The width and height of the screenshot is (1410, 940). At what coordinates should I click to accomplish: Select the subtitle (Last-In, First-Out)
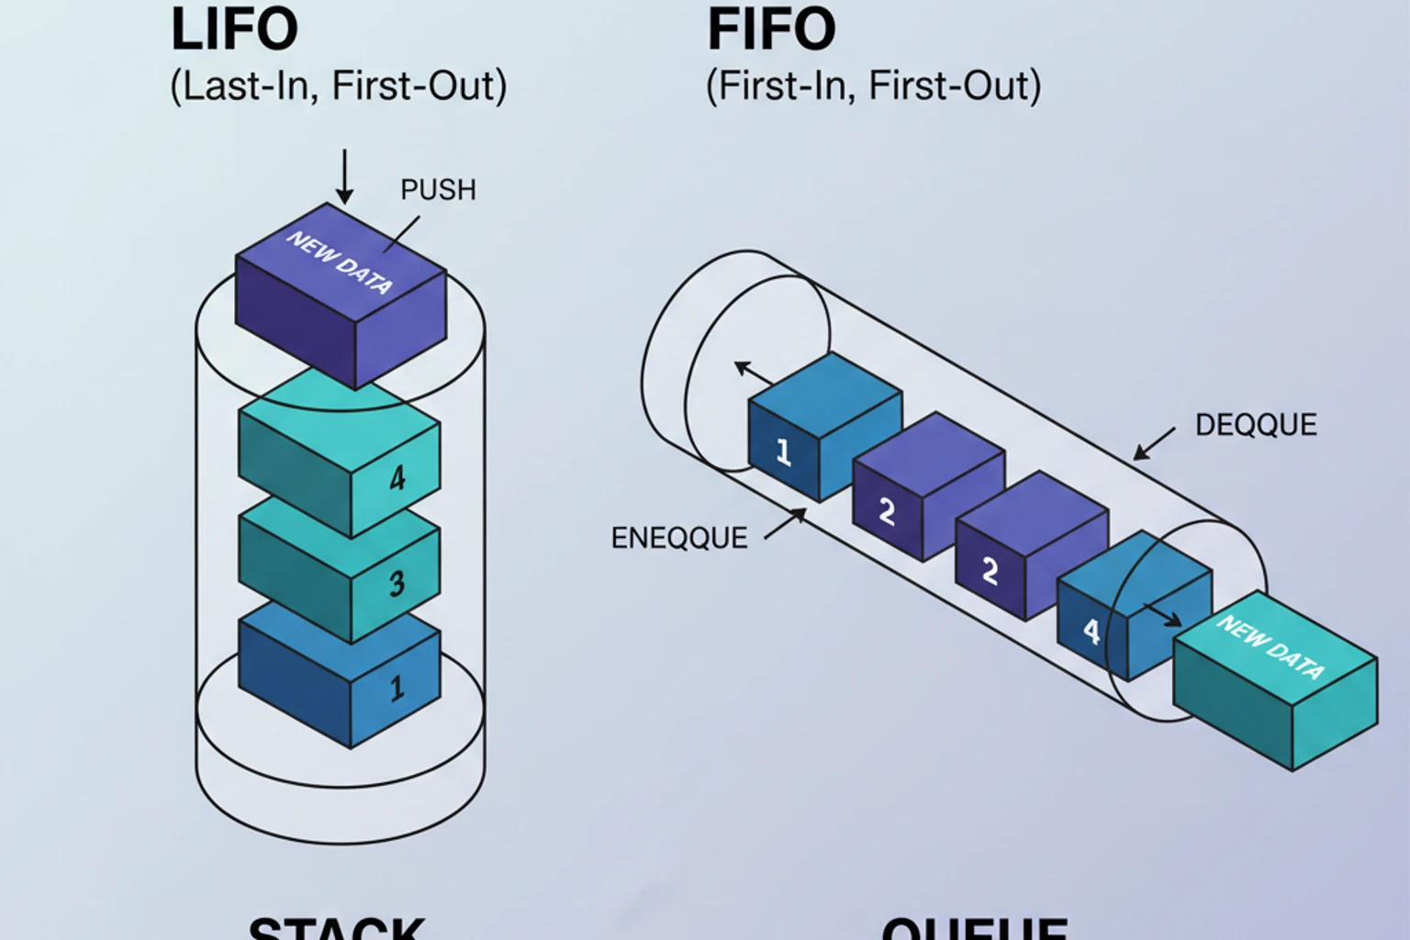tap(338, 86)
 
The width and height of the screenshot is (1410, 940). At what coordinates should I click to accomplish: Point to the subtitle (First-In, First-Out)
tap(873, 86)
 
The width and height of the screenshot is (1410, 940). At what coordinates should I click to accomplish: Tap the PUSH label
tap(438, 190)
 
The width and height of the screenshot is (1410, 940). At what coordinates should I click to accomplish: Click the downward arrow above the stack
tap(344, 176)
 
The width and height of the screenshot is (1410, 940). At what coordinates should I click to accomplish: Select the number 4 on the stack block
tap(397, 477)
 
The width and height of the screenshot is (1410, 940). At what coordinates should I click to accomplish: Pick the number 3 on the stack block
tap(397, 583)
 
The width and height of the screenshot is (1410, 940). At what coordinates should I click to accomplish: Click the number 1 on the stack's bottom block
tap(397, 688)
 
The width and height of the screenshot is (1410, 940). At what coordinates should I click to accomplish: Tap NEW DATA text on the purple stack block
tap(340, 263)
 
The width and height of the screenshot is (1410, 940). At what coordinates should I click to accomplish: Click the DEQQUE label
tap(1255, 425)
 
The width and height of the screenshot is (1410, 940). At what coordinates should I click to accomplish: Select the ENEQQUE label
tap(678, 538)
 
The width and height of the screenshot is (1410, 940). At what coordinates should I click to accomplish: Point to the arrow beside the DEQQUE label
tap(1154, 443)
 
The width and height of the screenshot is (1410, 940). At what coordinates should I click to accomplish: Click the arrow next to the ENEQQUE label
tap(785, 524)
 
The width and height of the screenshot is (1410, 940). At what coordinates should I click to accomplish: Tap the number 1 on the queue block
tap(783, 452)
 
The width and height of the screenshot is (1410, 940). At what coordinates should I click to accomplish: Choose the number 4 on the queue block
tap(1091, 632)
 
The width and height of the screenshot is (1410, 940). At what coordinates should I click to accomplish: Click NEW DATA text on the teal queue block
tap(1271, 647)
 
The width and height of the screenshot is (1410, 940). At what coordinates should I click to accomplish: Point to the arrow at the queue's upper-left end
tap(754, 373)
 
